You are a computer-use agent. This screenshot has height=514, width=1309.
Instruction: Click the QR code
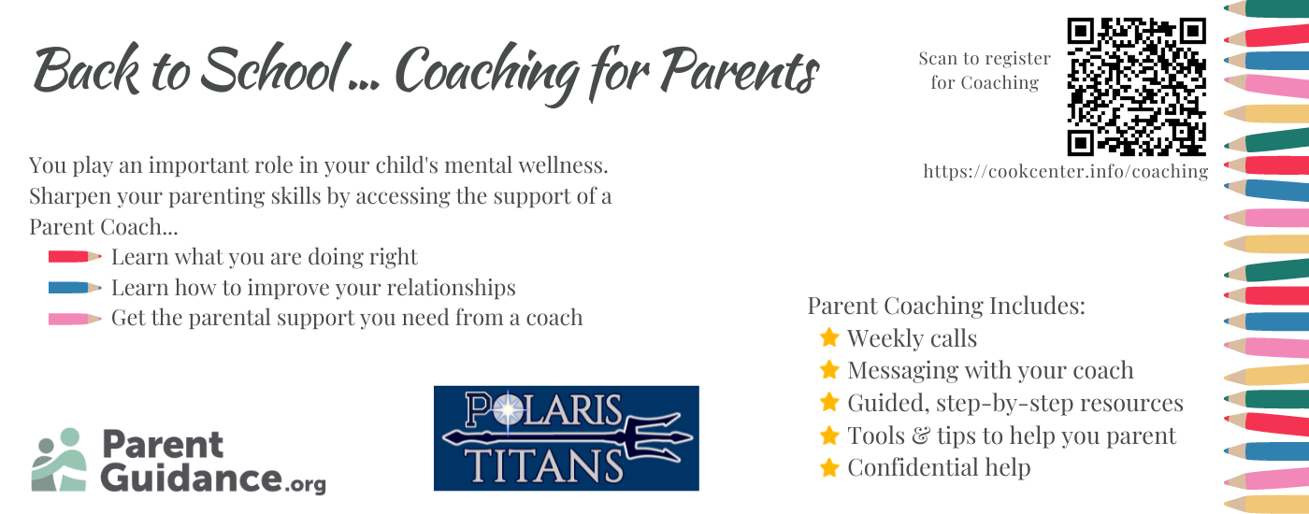coord(1137,86)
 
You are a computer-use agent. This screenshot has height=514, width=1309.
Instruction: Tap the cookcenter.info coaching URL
coord(1065,171)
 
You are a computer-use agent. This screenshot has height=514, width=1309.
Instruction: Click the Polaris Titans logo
coord(567,438)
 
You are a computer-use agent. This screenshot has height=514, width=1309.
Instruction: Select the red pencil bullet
coord(75,256)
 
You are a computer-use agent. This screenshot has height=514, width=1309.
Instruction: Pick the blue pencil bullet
coord(75,288)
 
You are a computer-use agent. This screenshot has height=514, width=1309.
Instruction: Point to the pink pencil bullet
coord(75,319)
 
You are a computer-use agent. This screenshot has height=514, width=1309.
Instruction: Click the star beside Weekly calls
coord(829,337)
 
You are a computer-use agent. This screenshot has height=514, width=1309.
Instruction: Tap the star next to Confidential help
coord(829,466)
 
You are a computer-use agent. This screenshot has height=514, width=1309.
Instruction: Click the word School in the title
coord(272,69)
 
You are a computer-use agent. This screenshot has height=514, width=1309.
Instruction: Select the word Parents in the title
coord(740,70)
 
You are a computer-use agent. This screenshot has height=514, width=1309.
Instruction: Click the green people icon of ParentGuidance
coord(59,459)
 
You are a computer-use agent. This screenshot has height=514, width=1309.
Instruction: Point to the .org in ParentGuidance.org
coord(306,484)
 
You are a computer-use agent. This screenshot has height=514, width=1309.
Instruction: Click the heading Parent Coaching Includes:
coord(946,306)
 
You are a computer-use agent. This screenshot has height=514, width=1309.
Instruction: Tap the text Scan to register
coord(985,58)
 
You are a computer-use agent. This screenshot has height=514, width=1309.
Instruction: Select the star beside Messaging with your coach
coord(829,369)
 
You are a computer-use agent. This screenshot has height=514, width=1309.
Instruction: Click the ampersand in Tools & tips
coord(920,435)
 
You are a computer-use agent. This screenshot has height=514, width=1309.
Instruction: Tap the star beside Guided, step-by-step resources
coord(829,402)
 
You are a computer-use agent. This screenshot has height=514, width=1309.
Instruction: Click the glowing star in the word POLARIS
coord(509,409)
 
